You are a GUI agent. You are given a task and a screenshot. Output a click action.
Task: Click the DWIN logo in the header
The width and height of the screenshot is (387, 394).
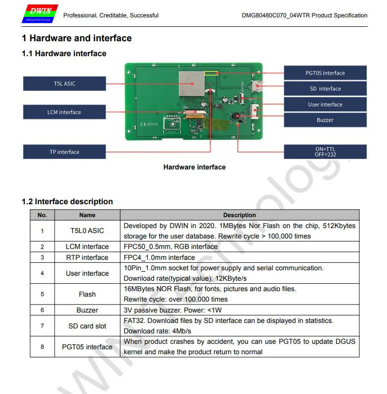(39, 14)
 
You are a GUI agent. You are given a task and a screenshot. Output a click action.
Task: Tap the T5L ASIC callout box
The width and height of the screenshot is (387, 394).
(64, 83)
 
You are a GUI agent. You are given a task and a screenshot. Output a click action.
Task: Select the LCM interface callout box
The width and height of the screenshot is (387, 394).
(64, 112)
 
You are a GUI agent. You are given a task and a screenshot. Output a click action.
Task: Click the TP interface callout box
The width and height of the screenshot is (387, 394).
(64, 152)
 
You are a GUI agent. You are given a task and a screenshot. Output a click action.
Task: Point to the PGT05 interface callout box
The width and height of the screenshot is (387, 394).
(325, 73)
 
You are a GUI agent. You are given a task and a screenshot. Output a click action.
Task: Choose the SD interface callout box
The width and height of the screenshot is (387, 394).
(325, 89)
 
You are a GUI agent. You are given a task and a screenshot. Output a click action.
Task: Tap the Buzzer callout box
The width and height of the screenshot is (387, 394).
(325, 120)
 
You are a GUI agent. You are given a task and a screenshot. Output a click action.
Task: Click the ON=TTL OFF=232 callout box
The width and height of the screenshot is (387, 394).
(325, 152)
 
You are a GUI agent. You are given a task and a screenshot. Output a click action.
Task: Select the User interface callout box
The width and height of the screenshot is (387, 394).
(325, 105)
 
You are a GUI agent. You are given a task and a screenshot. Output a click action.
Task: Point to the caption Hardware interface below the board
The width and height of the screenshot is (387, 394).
(194, 167)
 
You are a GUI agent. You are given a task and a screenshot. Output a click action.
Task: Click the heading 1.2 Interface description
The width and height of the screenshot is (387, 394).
(67, 202)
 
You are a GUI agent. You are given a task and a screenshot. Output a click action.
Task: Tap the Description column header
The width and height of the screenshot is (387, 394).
(240, 215)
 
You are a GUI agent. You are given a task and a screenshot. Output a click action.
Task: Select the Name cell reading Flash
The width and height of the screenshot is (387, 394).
(87, 294)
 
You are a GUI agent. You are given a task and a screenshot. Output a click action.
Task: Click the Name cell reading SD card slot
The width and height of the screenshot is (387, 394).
(87, 326)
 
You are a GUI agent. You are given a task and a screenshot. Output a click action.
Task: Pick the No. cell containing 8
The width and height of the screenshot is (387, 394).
(42, 347)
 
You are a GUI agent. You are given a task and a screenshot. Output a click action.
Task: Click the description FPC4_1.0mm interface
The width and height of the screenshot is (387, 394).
(159, 257)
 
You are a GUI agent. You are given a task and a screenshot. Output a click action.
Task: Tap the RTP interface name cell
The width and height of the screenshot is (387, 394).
(87, 257)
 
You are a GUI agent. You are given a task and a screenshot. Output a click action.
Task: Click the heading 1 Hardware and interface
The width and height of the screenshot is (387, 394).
(77, 38)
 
